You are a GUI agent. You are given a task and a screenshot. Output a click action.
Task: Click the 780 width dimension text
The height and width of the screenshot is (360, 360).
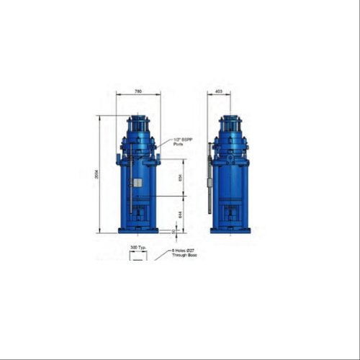138,91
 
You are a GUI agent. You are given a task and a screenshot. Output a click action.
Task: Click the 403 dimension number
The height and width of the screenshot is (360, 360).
218,91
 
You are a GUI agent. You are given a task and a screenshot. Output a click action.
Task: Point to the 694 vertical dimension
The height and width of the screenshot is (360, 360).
181,178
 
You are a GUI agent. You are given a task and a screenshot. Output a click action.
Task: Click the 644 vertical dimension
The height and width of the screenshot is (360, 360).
181,214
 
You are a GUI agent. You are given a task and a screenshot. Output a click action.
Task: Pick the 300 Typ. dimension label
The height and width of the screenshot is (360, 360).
138,246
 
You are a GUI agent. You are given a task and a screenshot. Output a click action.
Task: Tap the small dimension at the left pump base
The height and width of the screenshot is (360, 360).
174,231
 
